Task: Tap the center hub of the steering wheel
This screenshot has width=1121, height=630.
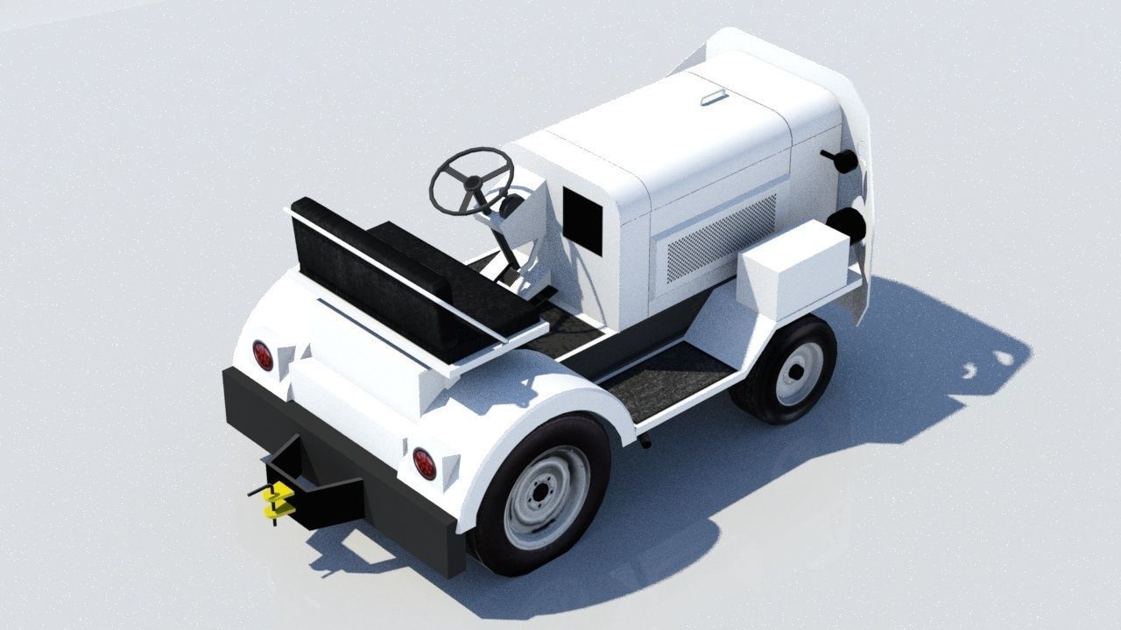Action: [x=473, y=183]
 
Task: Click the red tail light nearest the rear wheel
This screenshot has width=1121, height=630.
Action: [x=424, y=463]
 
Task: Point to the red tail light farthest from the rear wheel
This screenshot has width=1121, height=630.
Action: [x=263, y=354]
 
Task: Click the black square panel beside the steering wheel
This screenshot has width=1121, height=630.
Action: [x=582, y=220]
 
